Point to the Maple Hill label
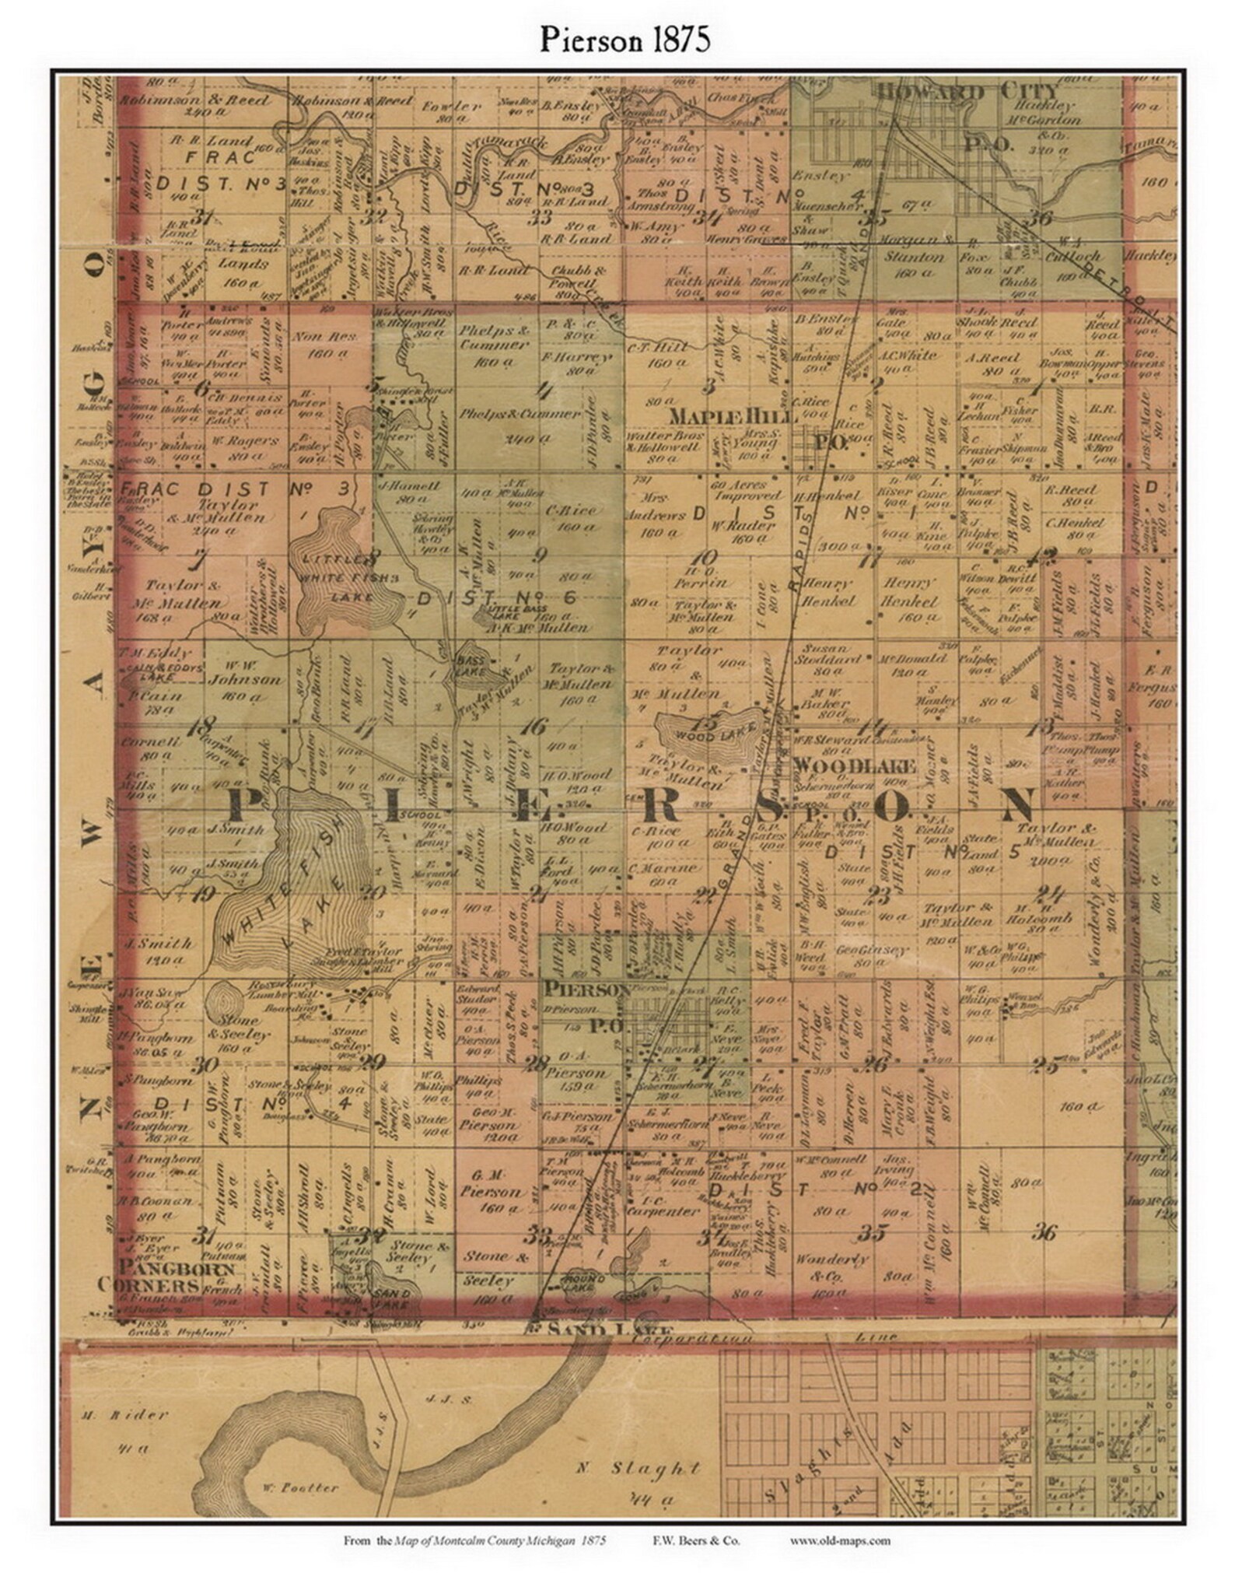[714, 415]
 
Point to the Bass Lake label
[471, 658]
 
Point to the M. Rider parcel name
[124, 1414]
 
